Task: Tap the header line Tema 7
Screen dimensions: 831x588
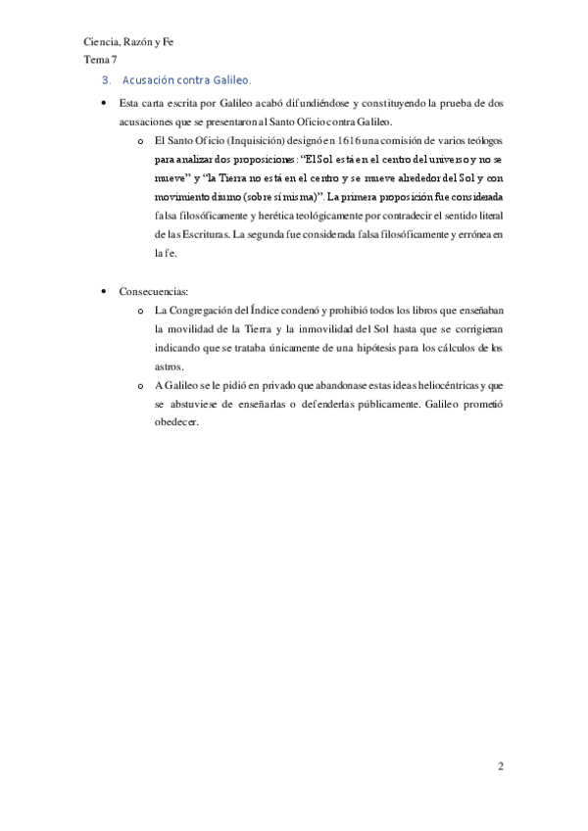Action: [100, 61]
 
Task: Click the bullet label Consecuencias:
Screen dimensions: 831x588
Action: [153, 293]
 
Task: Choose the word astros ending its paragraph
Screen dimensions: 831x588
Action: [170, 366]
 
